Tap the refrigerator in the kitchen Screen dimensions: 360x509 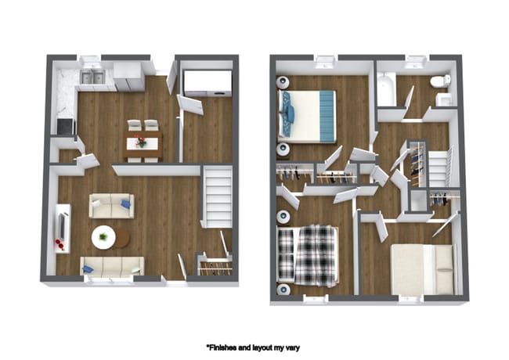[128, 77]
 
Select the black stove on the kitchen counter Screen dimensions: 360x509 [63, 126]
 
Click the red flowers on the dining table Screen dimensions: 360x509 [141, 142]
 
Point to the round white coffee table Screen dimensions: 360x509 [103, 236]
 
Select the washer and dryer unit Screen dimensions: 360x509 [207, 83]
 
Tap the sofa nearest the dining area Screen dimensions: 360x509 [110, 206]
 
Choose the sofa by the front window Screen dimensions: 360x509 [111, 266]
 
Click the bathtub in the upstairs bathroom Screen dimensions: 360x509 [386, 91]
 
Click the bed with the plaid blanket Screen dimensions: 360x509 [309, 254]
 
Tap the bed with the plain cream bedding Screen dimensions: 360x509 [423, 268]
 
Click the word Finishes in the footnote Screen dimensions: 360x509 [227, 347]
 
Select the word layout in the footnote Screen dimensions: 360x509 [265, 347]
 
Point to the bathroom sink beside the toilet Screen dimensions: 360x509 [444, 99]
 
